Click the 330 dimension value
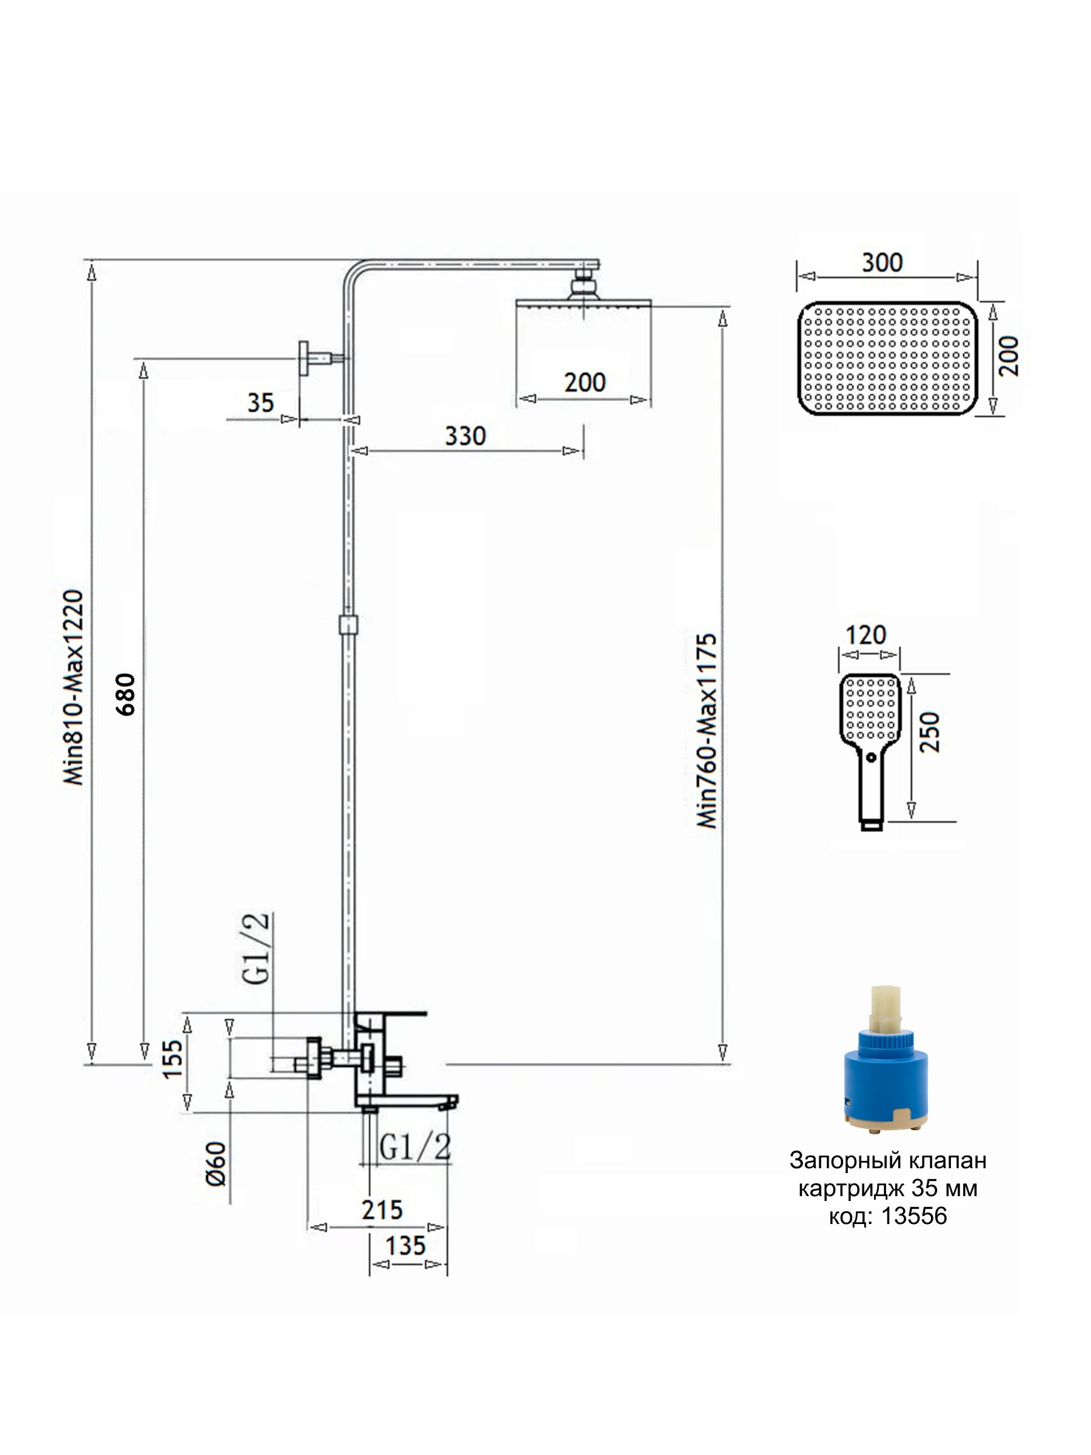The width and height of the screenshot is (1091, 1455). (x=465, y=436)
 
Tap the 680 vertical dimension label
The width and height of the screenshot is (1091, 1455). (x=125, y=695)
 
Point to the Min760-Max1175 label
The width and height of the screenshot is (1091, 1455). (x=706, y=730)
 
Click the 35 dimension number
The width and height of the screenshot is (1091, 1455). (x=261, y=403)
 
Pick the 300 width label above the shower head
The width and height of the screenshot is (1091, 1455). (x=882, y=263)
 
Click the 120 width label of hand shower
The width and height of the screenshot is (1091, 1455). (x=866, y=635)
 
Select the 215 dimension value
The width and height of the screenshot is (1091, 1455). (x=382, y=1209)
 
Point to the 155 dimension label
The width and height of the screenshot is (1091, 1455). (x=172, y=1059)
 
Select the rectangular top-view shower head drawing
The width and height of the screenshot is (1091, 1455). (x=887, y=358)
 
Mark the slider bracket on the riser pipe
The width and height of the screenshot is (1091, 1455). (x=348, y=624)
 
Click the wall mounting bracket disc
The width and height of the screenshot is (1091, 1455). (x=304, y=358)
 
